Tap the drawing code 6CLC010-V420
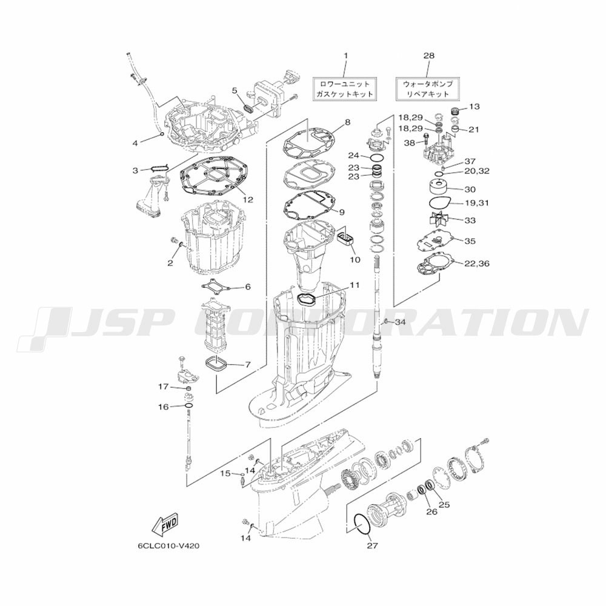tap(169, 547)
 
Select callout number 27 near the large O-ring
tap(373, 546)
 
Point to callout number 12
tap(248, 199)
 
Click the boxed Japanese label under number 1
tap(344, 88)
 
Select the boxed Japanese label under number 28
tap(428, 88)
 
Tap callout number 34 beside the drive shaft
tap(400, 322)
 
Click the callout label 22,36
tap(478, 264)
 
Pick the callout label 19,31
tap(476, 202)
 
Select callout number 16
tap(164, 407)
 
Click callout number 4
tap(135, 143)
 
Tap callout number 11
tap(355, 285)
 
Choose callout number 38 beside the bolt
tap(409, 143)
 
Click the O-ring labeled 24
tap(377, 158)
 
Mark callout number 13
tap(474, 106)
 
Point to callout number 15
tap(225, 473)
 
